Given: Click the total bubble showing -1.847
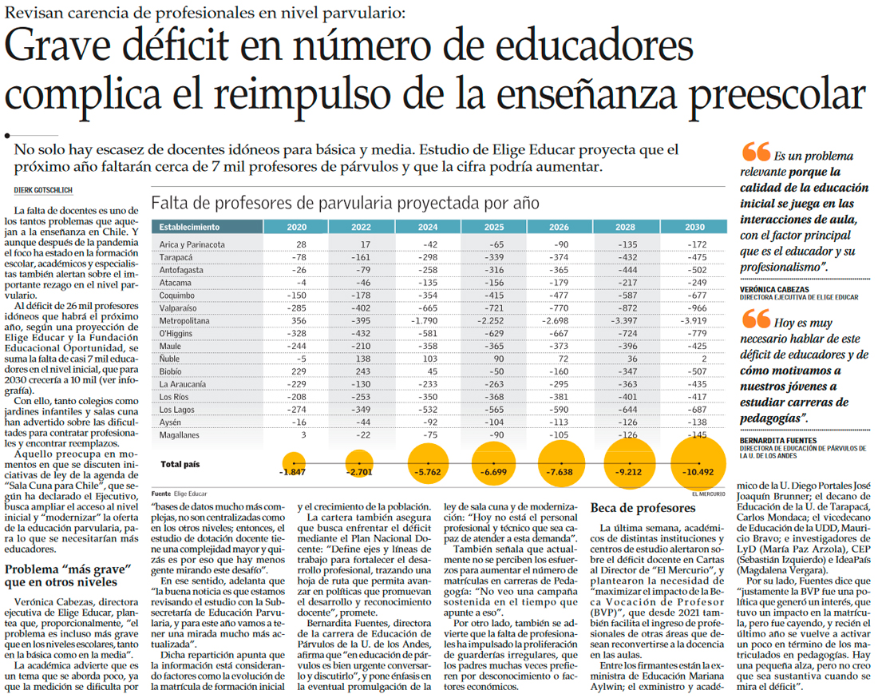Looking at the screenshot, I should [294, 470].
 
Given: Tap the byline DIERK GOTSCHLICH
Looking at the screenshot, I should [44, 188].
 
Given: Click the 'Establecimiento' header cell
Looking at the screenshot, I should [189, 227].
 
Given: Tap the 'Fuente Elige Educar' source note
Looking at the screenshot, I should [179, 494].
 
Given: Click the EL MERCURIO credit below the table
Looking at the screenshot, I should [707, 494].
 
